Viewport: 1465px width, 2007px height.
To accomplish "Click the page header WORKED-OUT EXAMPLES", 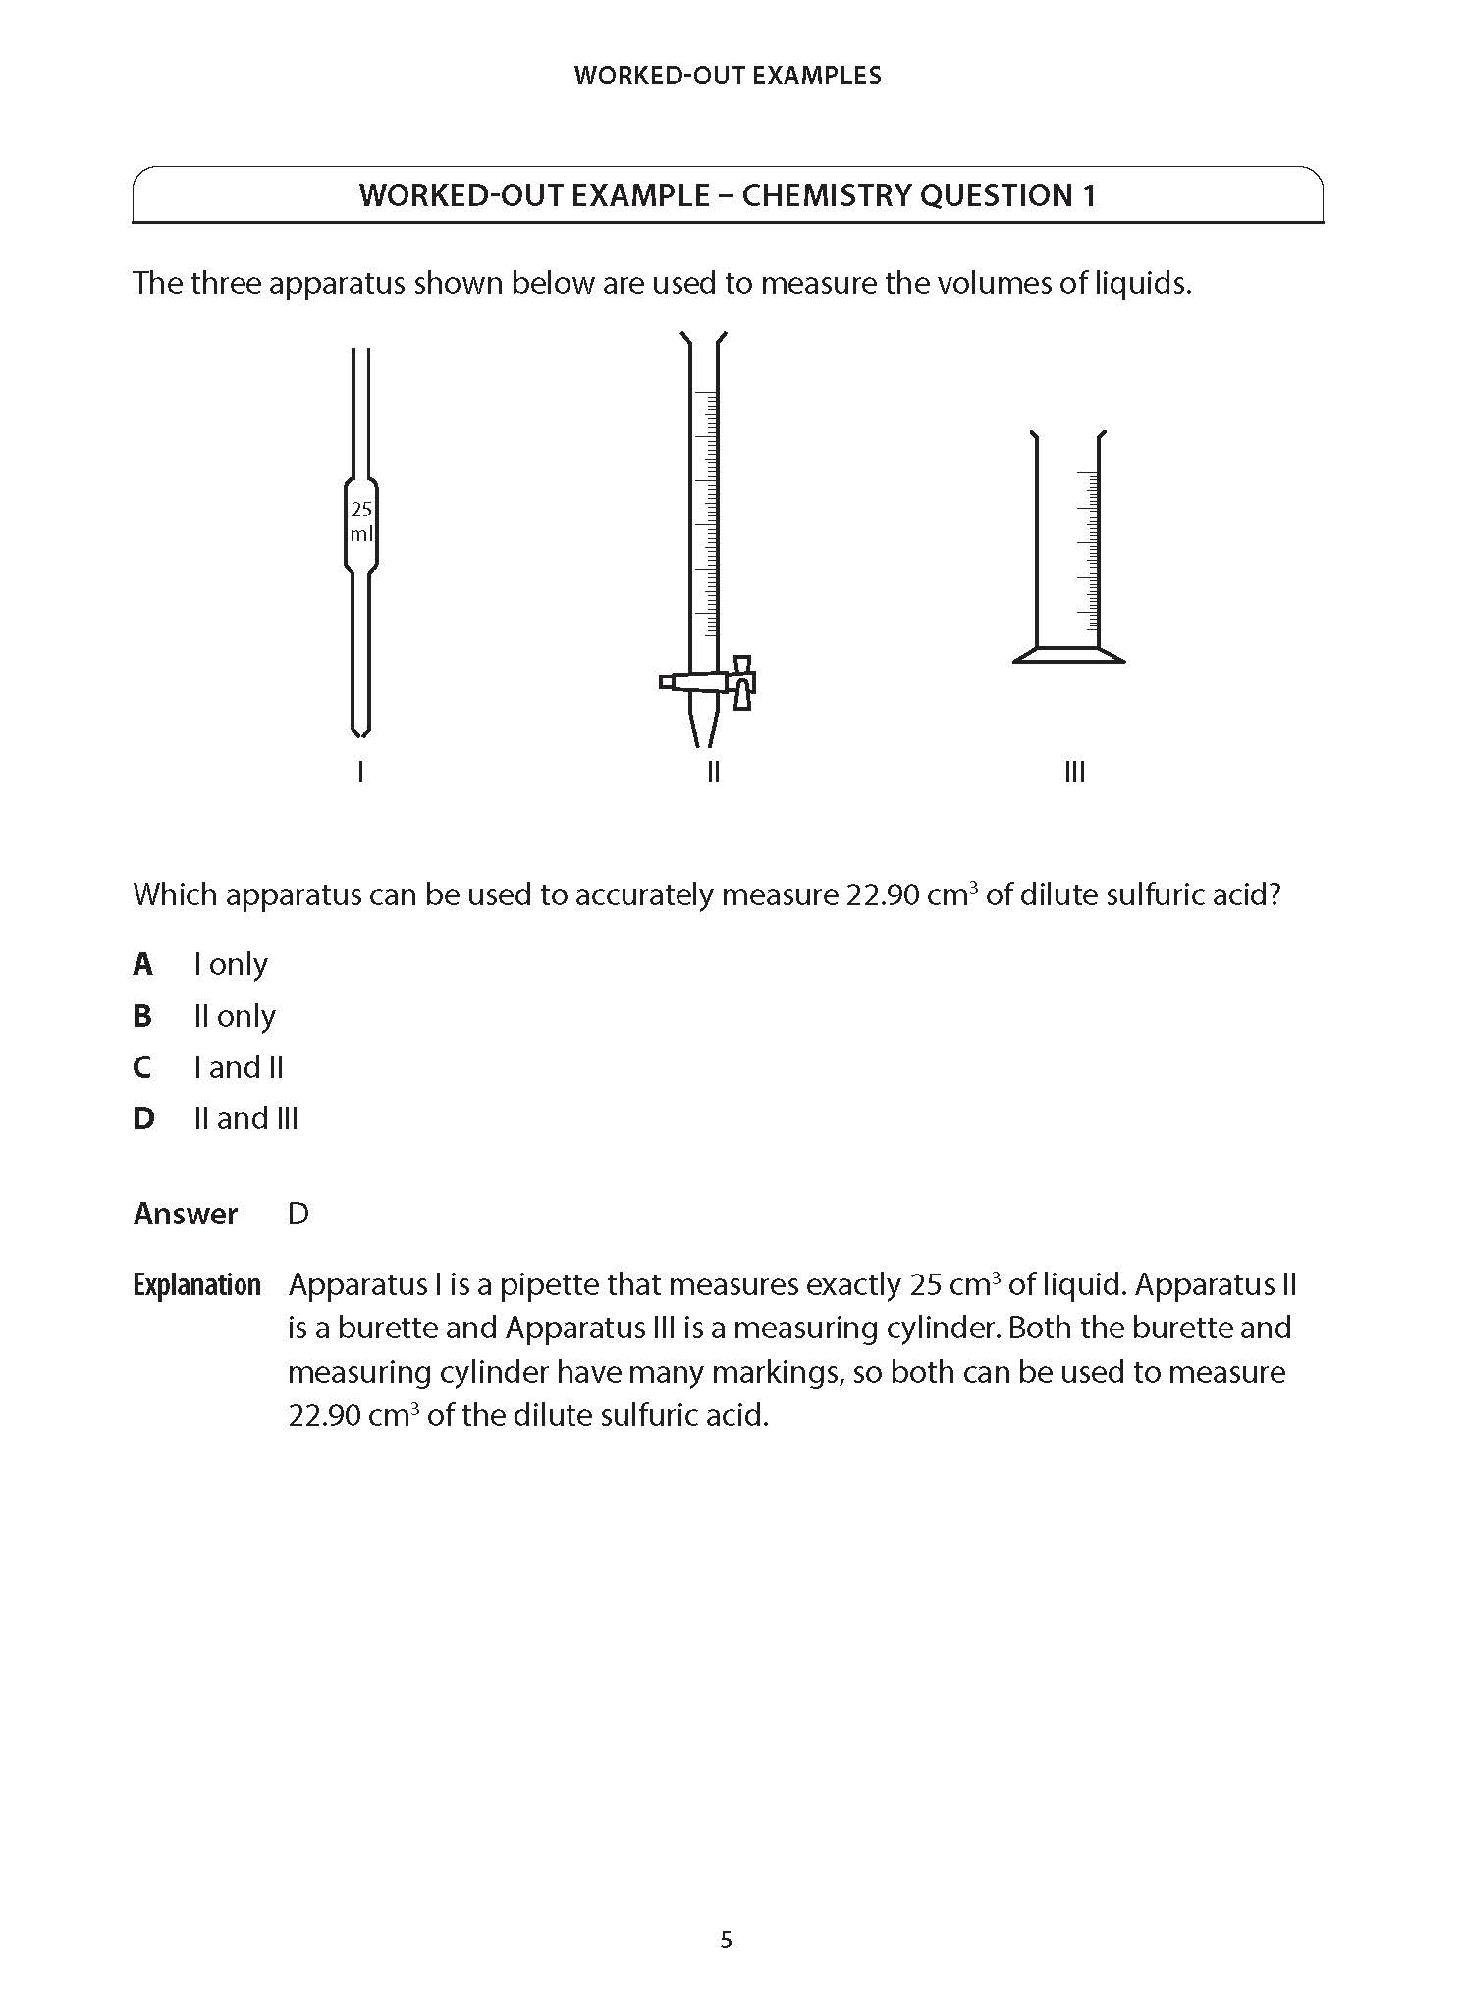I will coord(728,76).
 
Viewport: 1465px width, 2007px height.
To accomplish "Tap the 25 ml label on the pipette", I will coord(361,522).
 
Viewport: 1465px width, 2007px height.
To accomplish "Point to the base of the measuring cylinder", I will coord(1068,655).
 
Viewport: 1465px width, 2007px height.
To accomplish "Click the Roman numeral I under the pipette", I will coord(361,772).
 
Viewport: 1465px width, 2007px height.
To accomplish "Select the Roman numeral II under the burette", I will coord(713,772).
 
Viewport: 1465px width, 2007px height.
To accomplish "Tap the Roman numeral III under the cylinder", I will coord(1074,772).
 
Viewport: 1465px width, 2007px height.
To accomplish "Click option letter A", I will coord(143,965).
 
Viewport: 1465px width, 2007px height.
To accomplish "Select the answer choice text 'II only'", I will coord(235,1016).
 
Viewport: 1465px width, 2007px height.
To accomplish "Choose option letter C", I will coord(142,1067).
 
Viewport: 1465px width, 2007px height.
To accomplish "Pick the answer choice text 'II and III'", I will coord(246,1118).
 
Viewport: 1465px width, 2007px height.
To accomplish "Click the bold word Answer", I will coord(186,1215).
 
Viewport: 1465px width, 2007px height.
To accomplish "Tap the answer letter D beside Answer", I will coord(298,1215).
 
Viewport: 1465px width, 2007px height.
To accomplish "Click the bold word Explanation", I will coord(196,1285).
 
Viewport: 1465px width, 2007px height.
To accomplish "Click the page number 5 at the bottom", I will coord(727,1940).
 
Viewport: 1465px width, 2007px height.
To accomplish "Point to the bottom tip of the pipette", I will coord(360,731).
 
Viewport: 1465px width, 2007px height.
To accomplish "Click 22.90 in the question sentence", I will coord(883,895).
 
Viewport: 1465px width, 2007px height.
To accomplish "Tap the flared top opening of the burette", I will coord(703,340).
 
